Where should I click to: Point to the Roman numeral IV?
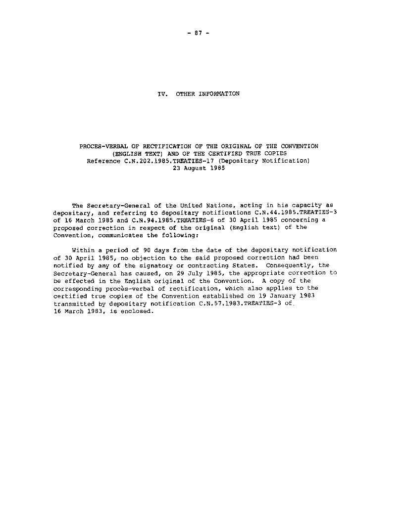pos(161,93)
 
